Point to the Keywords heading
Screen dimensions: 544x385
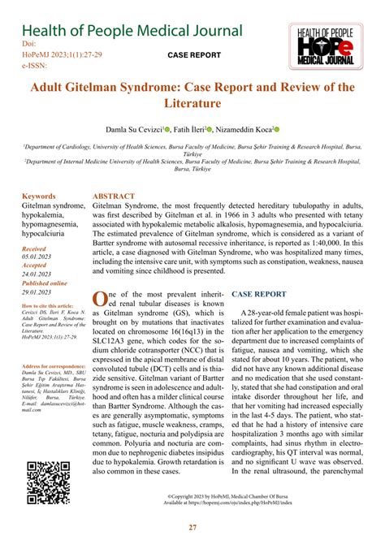(39, 196)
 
